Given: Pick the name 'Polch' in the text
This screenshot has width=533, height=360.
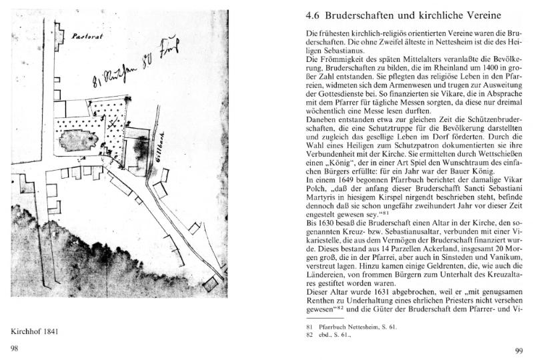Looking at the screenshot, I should pos(318,189).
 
